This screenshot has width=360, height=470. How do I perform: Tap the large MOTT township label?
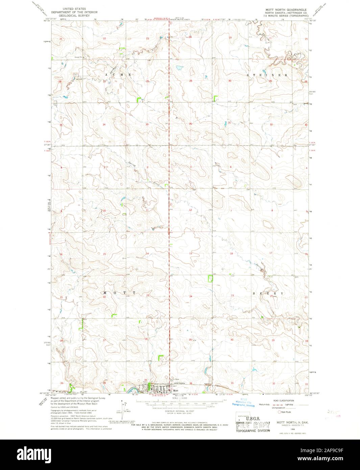pyautogui.click(x=120, y=292)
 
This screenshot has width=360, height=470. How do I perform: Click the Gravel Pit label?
pyautogui.click(x=79, y=57)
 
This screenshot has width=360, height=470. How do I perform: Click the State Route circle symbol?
pyautogui.click(x=279, y=412)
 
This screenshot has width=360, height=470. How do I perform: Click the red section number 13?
pyautogui.click(x=191, y=253)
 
